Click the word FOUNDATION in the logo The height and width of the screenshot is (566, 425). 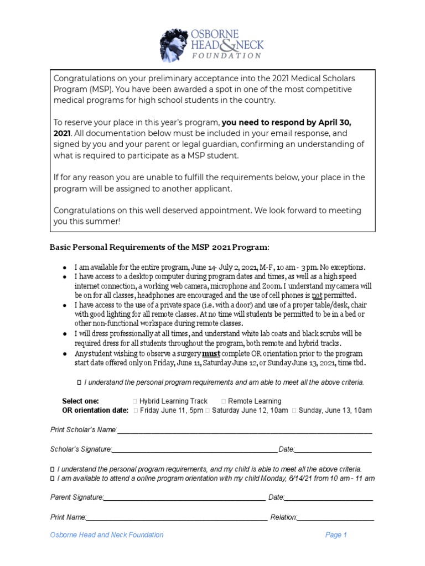[x=227, y=55]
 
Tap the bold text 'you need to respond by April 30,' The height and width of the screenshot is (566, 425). [x=286, y=123]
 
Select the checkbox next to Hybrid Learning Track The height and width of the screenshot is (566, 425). [x=136, y=401]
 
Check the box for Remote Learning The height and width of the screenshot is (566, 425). [x=224, y=401]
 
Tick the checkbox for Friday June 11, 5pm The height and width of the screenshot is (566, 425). [x=136, y=411]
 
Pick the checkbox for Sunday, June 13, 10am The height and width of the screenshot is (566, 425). [x=294, y=411]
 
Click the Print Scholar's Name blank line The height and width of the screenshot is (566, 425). [x=243, y=431]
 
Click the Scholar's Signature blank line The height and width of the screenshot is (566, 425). [x=194, y=450]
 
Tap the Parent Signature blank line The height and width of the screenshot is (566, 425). [x=184, y=498]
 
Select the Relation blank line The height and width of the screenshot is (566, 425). [x=336, y=518]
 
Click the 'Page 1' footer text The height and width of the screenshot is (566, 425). [x=336, y=535]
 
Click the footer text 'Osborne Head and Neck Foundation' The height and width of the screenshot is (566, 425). [x=107, y=535]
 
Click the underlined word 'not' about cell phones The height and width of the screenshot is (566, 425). [x=317, y=296]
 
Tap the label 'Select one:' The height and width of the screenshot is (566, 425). [x=80, y=401]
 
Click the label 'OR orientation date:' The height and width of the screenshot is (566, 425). [x=95, y=411]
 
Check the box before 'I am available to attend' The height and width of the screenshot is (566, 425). [x=53, y=478]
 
